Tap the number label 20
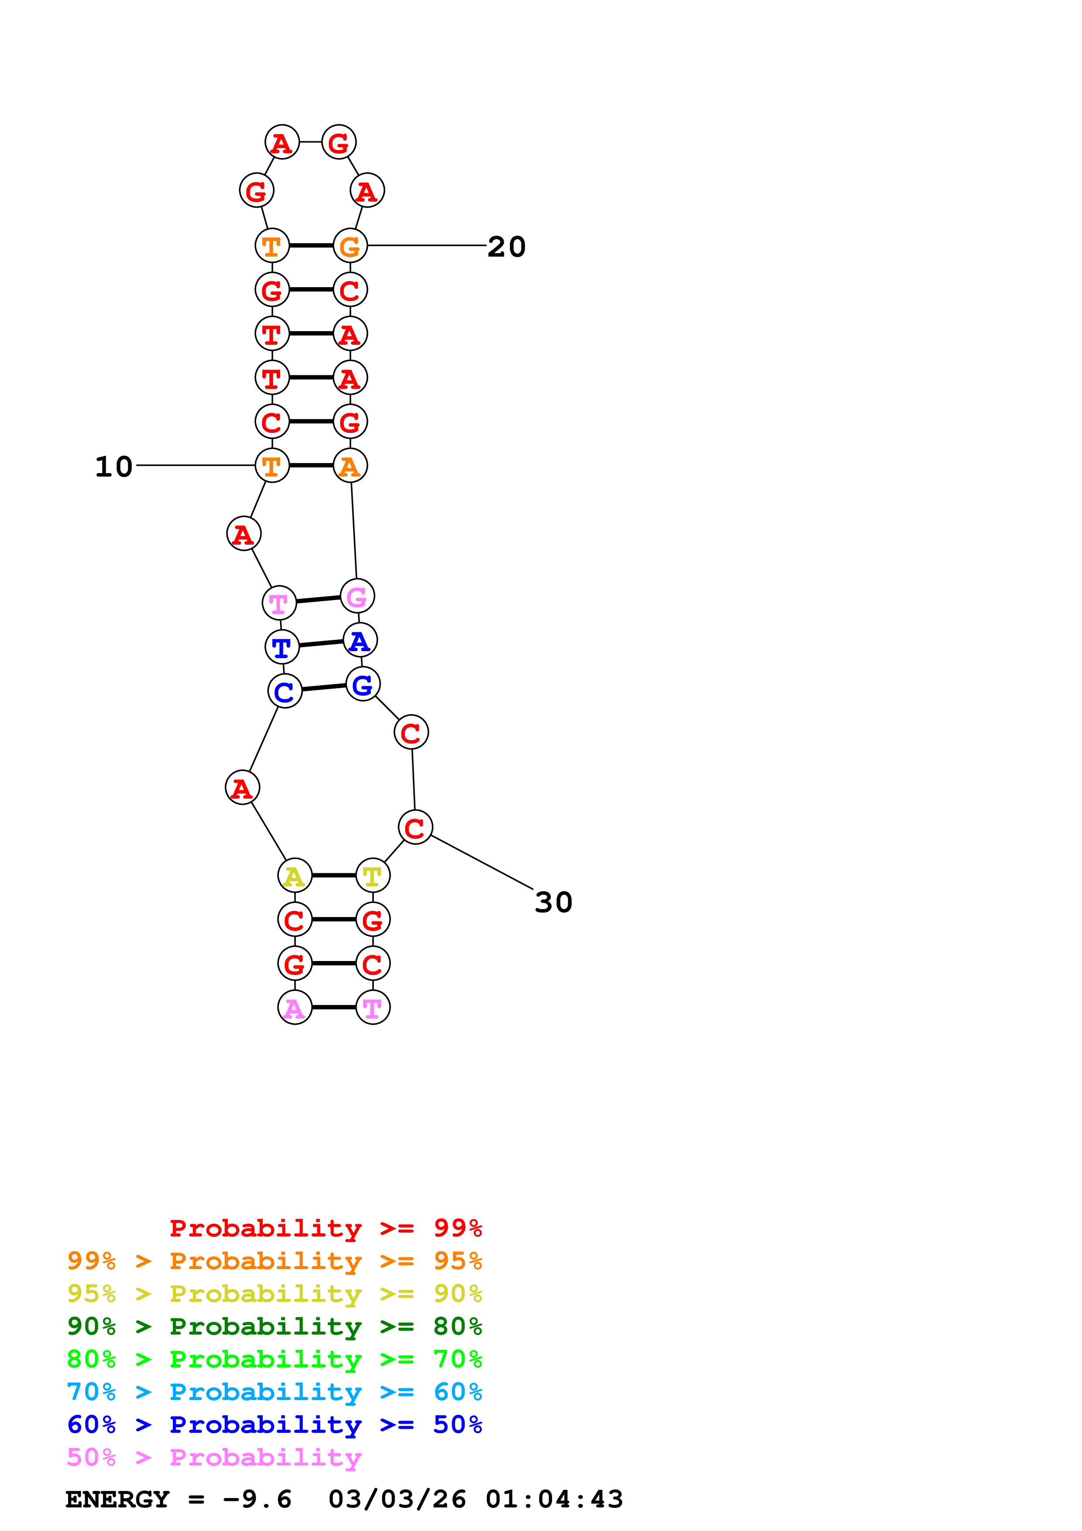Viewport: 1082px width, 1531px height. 507,247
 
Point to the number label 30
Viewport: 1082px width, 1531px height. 553,902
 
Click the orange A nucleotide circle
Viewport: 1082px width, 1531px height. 350,465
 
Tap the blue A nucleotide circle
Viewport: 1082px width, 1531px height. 360,641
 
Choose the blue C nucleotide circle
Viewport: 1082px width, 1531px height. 285,691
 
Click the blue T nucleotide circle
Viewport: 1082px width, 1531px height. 282,647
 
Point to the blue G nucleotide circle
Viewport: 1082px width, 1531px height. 363,684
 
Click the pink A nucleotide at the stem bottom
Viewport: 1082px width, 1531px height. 295,1008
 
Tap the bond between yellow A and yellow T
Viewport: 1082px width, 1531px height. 333,875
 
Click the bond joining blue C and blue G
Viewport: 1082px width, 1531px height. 324,687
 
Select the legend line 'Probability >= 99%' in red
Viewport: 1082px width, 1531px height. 325,1228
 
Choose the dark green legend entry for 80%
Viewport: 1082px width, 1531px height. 274,1326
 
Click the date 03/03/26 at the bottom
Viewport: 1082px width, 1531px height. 397,1499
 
